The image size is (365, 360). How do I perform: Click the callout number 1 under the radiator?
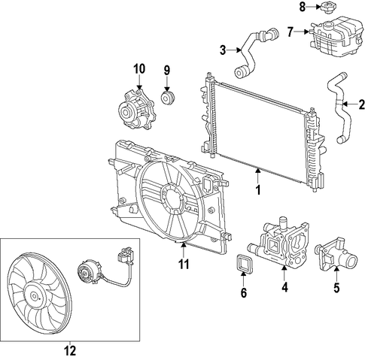point(258,190)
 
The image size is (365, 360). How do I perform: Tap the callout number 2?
point(361,104)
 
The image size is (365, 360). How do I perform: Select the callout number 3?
point(223,50)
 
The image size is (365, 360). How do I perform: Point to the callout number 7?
point(290,32)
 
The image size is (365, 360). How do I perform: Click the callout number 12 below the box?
point(70,350)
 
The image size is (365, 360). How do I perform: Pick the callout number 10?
point(139,69)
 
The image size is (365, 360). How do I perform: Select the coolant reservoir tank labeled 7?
point(336,35)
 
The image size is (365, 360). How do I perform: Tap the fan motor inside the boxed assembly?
point(89,271)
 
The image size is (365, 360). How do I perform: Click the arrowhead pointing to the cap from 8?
point(318,7)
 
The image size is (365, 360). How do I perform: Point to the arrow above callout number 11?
point(184,250)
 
